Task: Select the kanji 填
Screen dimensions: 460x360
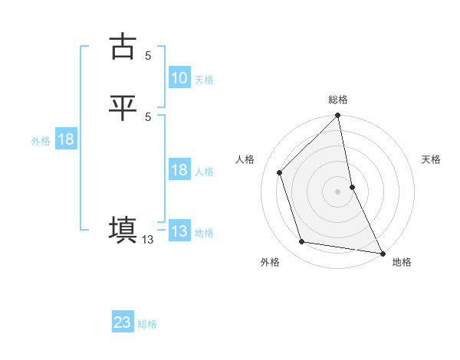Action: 123,230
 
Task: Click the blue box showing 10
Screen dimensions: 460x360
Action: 179,78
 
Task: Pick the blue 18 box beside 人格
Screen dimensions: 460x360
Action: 179,171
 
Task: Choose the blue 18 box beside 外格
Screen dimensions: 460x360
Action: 66,139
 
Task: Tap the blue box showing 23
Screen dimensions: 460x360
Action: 123,322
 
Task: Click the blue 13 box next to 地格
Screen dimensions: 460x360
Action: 179,231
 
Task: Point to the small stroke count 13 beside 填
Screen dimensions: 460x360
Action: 148,240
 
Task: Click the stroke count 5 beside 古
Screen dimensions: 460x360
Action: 148,55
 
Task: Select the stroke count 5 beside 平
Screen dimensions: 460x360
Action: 148,116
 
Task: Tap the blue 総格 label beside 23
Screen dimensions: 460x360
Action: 147,324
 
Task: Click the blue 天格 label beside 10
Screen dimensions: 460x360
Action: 204,80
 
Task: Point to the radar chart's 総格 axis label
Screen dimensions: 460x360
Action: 338,100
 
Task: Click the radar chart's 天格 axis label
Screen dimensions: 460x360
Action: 432,159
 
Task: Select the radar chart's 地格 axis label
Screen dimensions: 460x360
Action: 402,263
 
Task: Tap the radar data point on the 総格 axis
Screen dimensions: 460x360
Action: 338,116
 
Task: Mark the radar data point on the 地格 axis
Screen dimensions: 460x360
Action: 383,253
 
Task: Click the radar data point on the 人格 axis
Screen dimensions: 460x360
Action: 280,172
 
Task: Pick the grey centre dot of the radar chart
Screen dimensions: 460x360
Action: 338,191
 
